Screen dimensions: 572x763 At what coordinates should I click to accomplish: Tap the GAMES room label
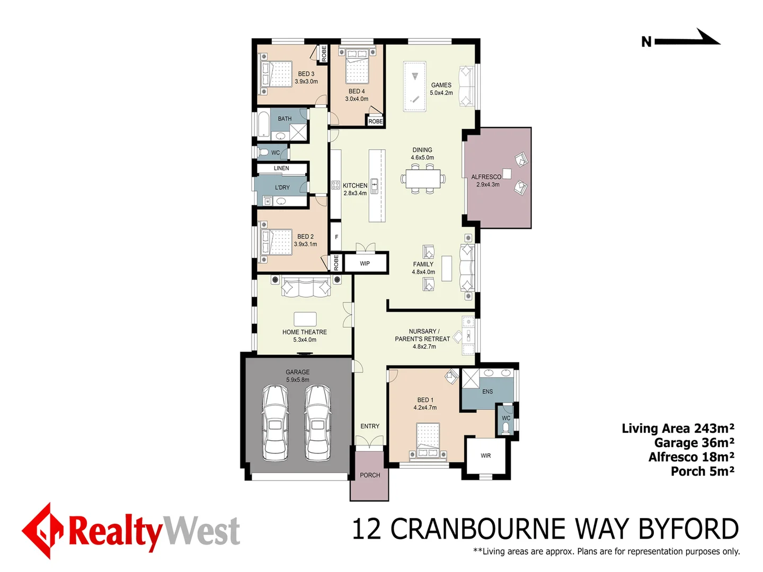[441, 85]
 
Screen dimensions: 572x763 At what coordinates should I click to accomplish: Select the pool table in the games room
[414, 87]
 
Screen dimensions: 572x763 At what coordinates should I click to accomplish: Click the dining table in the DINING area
[423, 178]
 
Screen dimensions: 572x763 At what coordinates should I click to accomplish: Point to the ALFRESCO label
[486, 177]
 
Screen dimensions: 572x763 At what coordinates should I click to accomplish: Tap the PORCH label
[370, 475]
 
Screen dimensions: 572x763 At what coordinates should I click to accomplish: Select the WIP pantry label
[365, 263]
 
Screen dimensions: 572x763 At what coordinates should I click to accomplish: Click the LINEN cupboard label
[281, 168]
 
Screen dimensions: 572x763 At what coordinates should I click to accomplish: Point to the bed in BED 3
[274, 74]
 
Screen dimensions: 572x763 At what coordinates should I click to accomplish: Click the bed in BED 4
[357, 67]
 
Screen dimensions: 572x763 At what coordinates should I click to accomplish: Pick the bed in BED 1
[428, 440]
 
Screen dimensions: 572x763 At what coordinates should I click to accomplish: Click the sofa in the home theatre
[306, 288]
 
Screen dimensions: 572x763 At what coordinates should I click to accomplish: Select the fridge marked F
[336, 237]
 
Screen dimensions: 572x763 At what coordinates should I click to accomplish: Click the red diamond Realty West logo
[43, 530]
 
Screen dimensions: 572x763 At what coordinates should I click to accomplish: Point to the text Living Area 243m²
[678, 428]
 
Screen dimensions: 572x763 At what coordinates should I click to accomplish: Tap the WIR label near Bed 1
[485, 455]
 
